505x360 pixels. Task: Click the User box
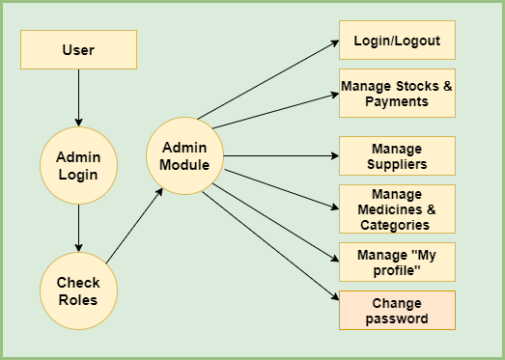point(78,50)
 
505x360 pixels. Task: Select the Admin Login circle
point(78,165)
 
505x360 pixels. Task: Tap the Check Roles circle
point(78,291)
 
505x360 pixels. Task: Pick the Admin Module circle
point(184,155)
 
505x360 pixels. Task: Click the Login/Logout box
point(397,41)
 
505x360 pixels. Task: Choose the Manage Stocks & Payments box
point(397,93)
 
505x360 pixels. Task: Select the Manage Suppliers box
point(397,156)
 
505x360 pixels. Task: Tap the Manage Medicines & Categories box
point(397,208)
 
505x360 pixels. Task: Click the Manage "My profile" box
point(397,262)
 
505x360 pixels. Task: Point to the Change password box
point(397,310)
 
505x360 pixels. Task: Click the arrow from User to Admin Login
point(78,97)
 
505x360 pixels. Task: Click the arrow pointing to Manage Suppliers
point(280,155)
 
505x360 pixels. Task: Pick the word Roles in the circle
point(78,299)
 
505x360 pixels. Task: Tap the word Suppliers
point(397,164)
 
